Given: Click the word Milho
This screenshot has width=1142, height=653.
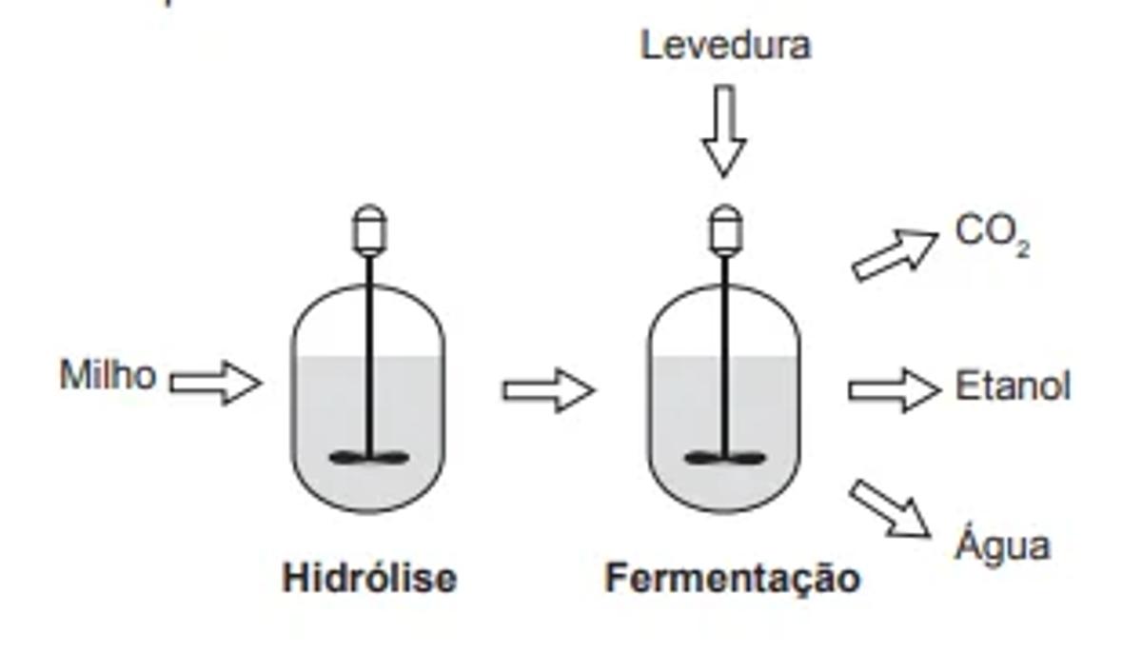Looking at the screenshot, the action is [108, 376].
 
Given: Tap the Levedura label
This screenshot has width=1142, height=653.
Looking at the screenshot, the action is [725, 46].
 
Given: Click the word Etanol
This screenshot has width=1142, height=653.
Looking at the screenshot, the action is [1013, 388].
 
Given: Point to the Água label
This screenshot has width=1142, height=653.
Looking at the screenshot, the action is [1003, 544].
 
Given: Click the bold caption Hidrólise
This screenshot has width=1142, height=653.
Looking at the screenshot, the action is [369, 578].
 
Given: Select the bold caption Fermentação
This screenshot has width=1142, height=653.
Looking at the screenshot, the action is [733, 578].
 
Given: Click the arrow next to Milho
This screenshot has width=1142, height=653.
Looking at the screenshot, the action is [215, 383].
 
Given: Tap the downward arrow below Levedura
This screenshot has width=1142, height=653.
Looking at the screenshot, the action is [724, 130].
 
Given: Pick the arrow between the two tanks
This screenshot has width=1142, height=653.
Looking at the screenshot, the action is [548, 390].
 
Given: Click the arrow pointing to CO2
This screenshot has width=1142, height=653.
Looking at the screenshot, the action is [894, 254].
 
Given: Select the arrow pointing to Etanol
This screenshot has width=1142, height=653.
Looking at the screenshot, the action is [894, 389].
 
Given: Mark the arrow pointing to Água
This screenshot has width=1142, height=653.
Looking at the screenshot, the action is [890, 508].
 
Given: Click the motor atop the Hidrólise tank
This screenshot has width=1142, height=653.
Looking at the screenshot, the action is [369, 229].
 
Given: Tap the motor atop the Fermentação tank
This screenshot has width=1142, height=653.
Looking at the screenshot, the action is [725, 229].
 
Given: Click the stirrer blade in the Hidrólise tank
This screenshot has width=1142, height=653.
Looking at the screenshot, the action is [369, 459].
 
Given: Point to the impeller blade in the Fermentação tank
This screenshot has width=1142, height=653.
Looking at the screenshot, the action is [725, 459].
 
